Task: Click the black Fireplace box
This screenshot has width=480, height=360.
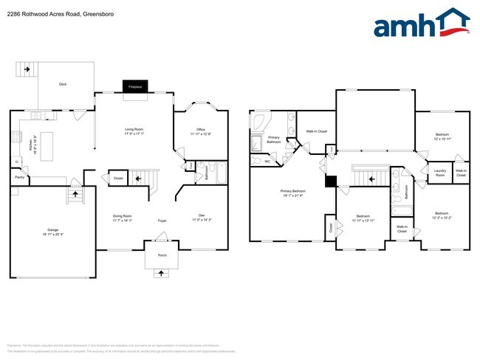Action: click(135, 86)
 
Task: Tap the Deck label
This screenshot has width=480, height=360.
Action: click(64, 84)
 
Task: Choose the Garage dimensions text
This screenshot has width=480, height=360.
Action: click(53, 235)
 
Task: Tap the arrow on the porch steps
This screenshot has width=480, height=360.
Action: click(160, 274)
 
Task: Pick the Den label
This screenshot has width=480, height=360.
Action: click(201, 216)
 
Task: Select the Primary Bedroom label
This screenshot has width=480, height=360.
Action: click(293, 191)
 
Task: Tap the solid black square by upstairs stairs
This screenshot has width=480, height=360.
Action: click(332, 180)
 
